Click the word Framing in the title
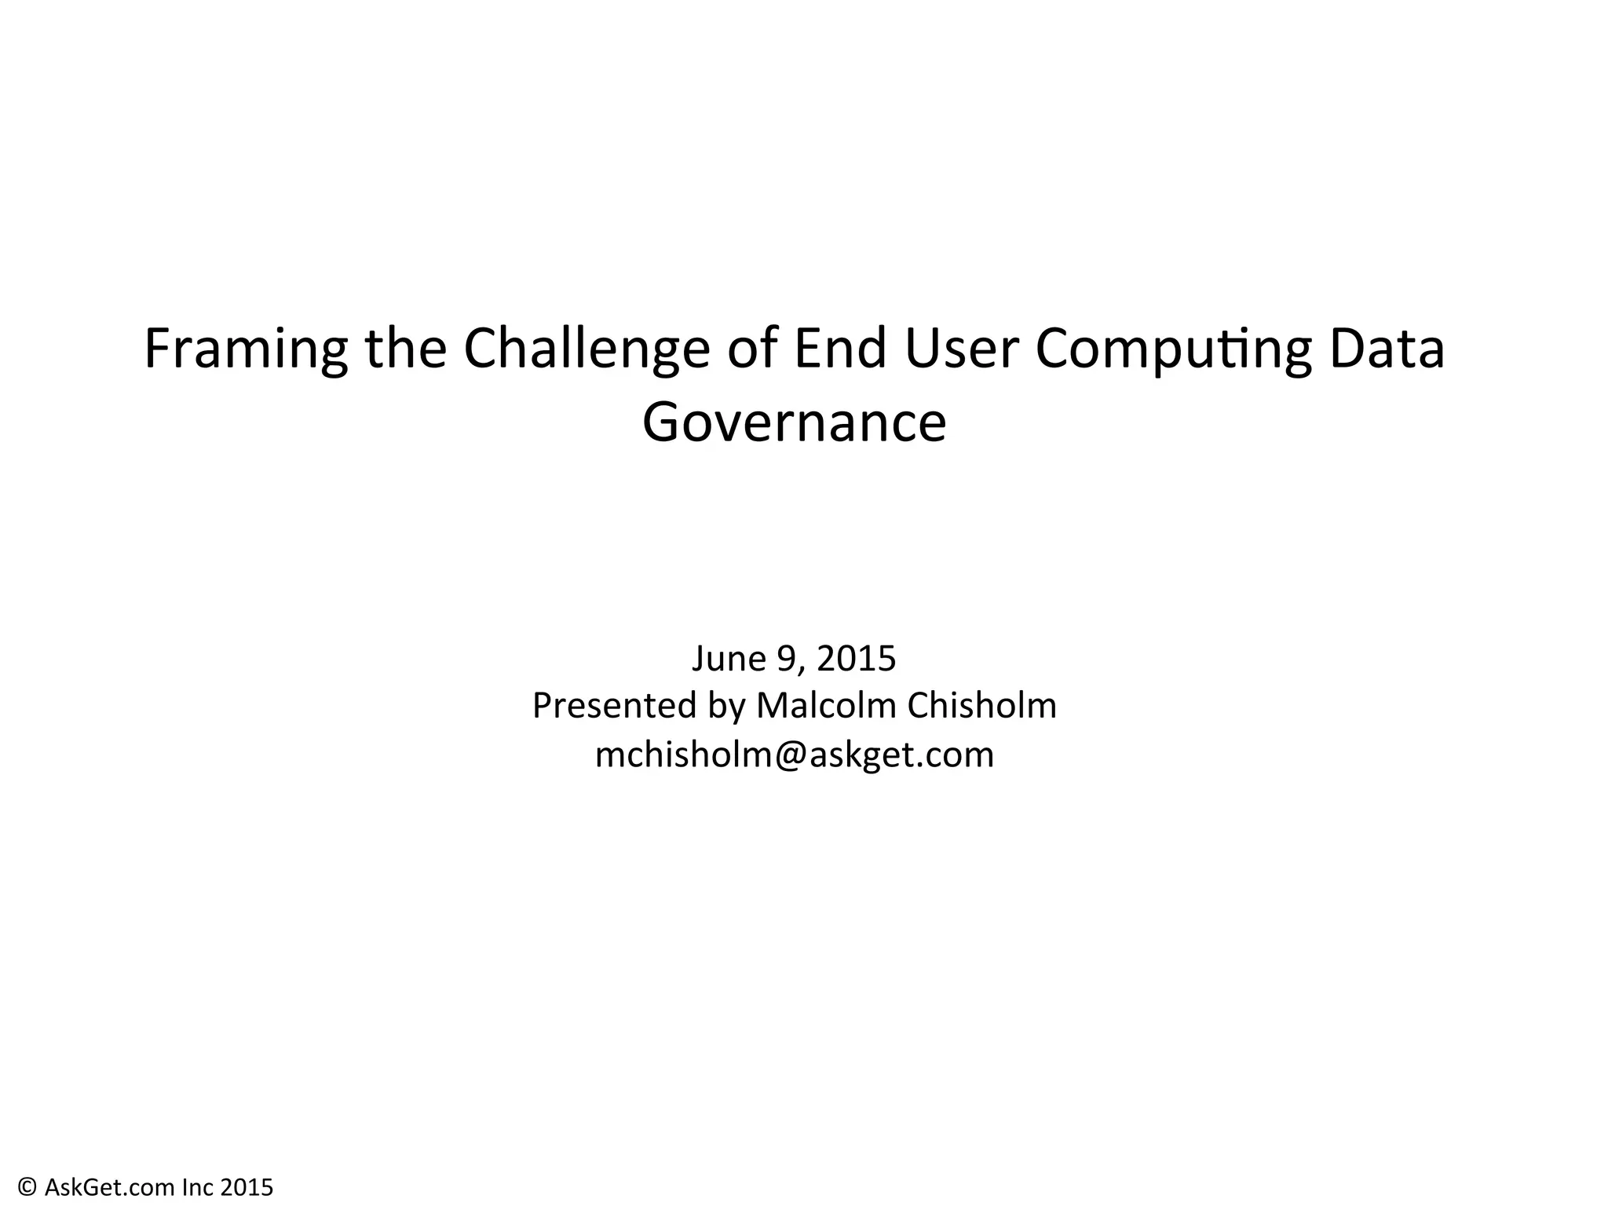246,349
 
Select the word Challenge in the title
586,349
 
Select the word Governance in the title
794,422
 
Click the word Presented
615,705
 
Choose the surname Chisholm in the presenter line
981,705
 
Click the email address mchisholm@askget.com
795,755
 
